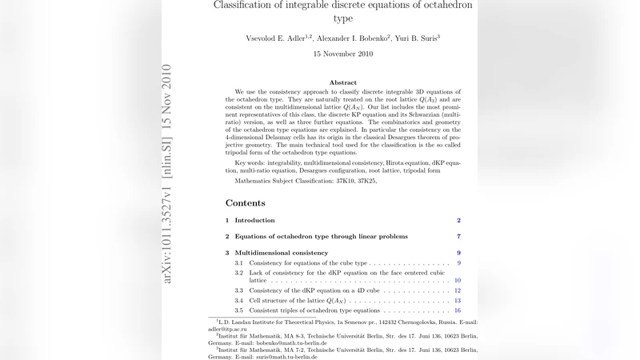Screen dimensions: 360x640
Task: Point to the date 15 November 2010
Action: (343, 54)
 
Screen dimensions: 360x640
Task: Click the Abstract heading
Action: (343, 82)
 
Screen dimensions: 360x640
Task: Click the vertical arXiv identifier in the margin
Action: (167, 173)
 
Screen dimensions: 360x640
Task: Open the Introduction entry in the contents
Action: (254, 220)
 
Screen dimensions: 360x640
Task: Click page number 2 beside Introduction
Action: (458, 220)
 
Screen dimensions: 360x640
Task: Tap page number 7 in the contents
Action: (458, 237)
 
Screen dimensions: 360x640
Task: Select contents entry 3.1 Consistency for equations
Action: (308, 263)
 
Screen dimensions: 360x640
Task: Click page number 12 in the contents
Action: (457, 290)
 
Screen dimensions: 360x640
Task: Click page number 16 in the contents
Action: (457, 310)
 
